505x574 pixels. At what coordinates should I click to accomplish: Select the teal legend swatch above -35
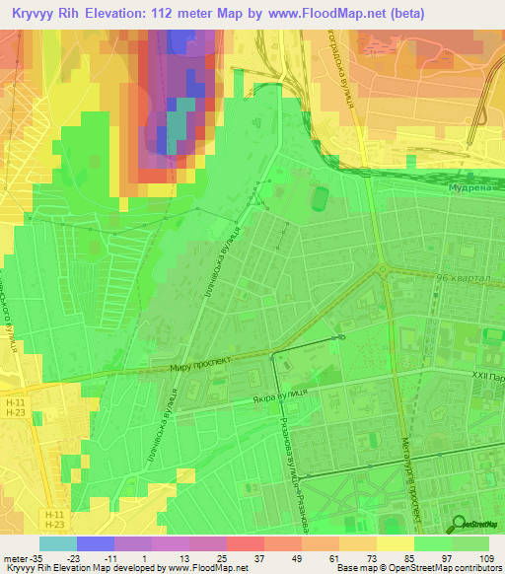click(57, 543)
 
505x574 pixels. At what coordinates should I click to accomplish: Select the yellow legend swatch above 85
click(395, 543)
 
